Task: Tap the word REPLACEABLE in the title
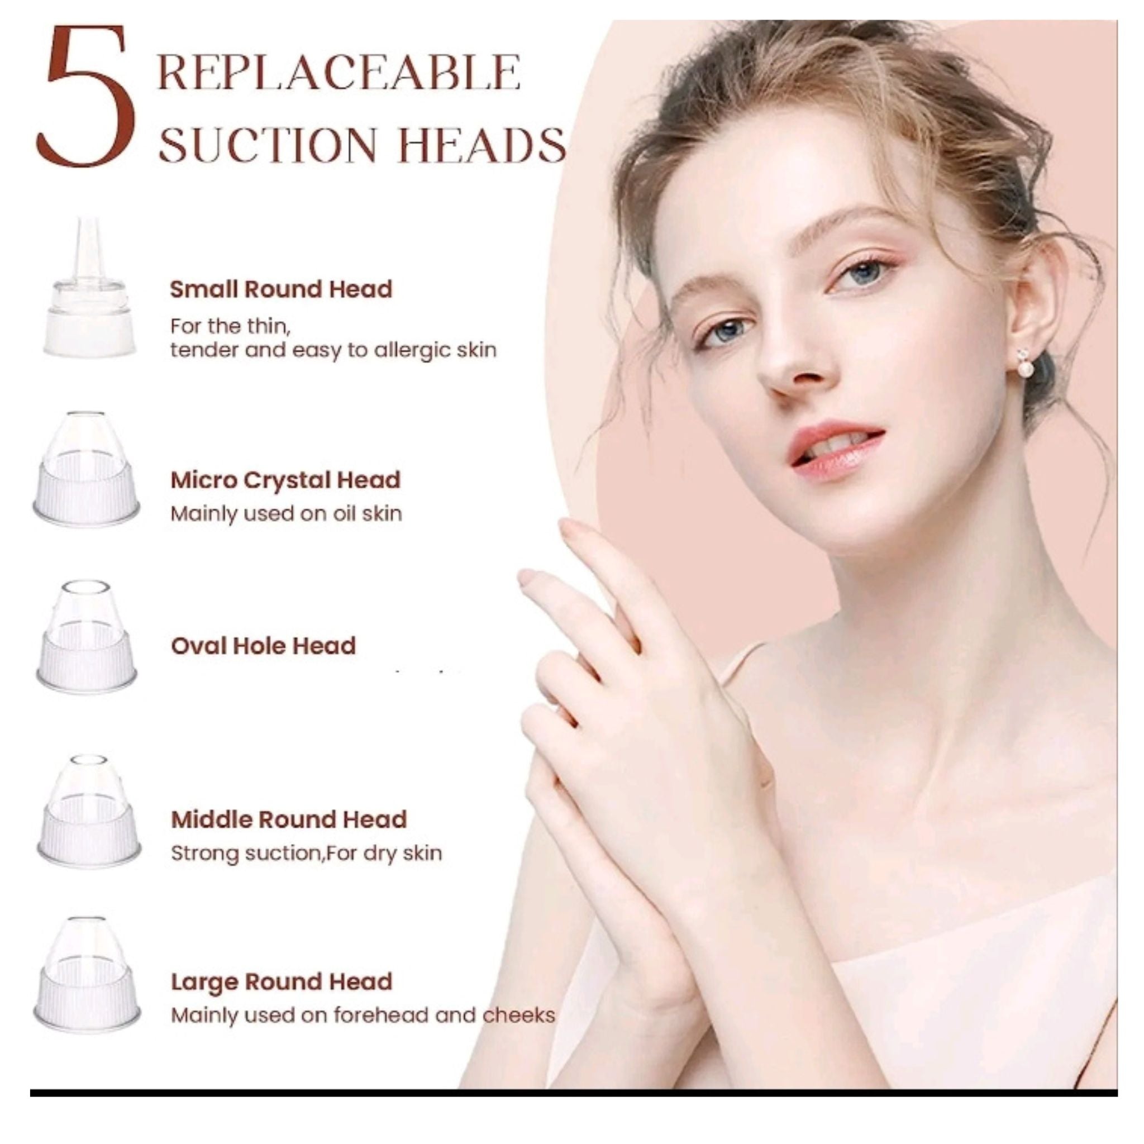click(339, 72)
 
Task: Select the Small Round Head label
click(280, 289)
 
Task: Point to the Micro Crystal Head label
click(285, 480)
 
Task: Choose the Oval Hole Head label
click(263, 646)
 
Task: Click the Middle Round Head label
click(288, 819)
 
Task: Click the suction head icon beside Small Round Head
click(89, 290)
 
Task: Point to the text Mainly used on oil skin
click(286, 513)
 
